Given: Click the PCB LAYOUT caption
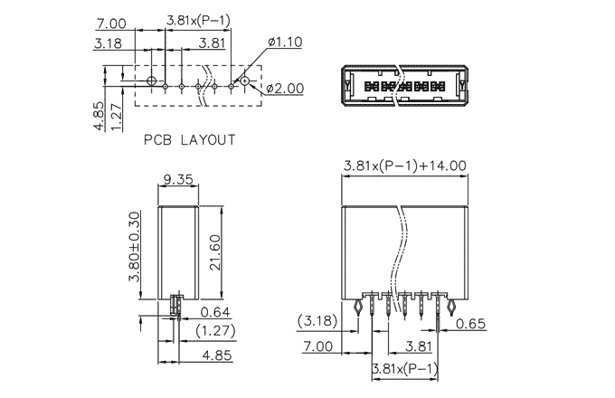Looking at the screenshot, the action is pos(189,139).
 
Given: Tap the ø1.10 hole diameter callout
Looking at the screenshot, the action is pos(285,42).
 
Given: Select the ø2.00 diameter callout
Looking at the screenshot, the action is pos(285,89).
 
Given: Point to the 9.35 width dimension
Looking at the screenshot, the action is pos(178,179).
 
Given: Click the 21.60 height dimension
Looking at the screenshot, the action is pos(215,252).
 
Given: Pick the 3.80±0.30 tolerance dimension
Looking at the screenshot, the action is pos(134,247).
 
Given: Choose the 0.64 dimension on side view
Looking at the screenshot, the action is pos(215,312).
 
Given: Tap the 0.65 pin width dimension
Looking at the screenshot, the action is pos(470,324).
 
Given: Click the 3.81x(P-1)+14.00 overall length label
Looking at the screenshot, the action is pos(405,166).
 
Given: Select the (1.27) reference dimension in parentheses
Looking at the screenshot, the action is pos(216,330).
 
